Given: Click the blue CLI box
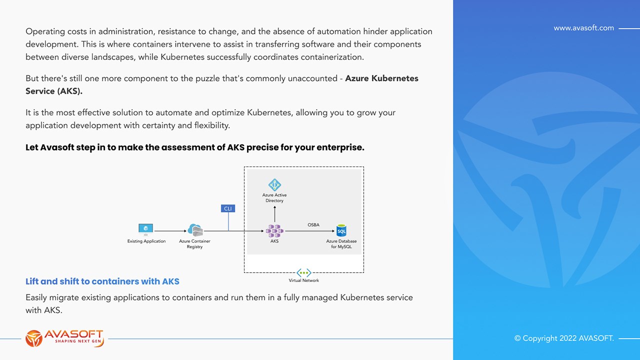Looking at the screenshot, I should [228, 208].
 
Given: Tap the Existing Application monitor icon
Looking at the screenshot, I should [145, 229].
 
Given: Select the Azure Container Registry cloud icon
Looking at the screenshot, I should [194, 230].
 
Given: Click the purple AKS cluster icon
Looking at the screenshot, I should [274, 230].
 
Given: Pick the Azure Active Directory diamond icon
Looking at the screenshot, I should [274, 185].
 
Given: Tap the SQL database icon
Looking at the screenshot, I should [341, 230].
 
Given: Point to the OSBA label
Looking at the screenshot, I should [313, 225].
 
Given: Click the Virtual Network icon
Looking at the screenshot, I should [303, 272].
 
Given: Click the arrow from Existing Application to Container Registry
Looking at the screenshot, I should [170, 231].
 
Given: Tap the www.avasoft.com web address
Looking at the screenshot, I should [583, 28].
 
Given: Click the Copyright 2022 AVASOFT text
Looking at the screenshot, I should [564, 338].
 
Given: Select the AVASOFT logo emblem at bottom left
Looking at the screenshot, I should [34, 338].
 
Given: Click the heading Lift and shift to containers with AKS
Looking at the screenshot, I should [102, 281].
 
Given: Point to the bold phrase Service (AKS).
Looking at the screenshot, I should [54, 91].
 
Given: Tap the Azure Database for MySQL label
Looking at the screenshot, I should [341, 244].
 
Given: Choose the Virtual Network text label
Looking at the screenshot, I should [303, 280].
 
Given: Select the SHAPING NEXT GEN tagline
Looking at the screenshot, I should [73, 341].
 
